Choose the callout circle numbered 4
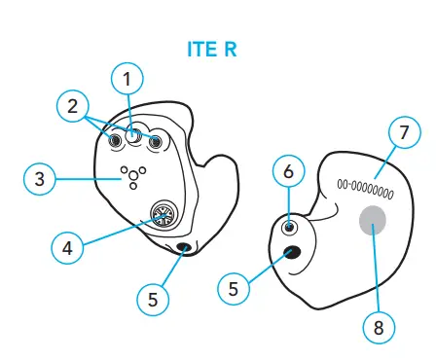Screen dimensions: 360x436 (67, 247)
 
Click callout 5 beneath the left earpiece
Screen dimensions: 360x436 (152, 300)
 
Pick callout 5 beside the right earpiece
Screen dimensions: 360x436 (233, 288)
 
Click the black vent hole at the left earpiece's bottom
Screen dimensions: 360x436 (183, 249)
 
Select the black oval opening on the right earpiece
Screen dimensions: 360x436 (291, 254)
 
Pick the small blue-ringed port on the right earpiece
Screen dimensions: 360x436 (289, 228)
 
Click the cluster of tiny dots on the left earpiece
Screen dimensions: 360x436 (130, 175)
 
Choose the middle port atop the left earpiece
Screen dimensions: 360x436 (135, 136)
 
